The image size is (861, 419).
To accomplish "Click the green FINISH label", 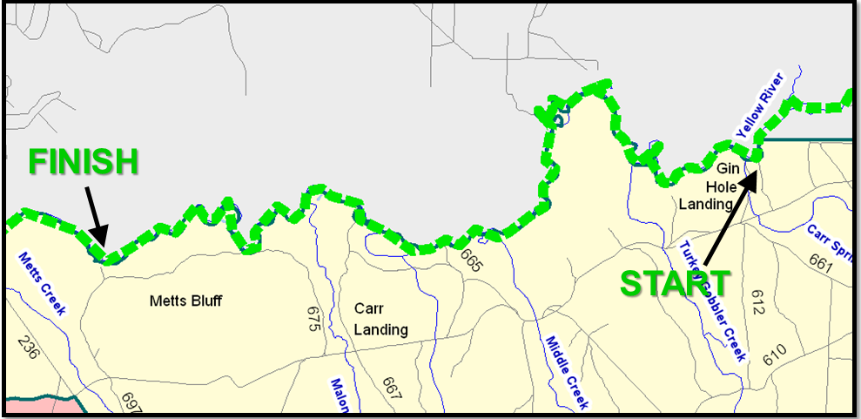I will [84, 163].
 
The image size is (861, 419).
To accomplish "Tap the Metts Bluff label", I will [185, 301].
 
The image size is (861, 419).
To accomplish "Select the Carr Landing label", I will [380, 319].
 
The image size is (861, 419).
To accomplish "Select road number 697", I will [131, 402].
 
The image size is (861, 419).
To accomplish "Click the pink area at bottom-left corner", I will [35, 405].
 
